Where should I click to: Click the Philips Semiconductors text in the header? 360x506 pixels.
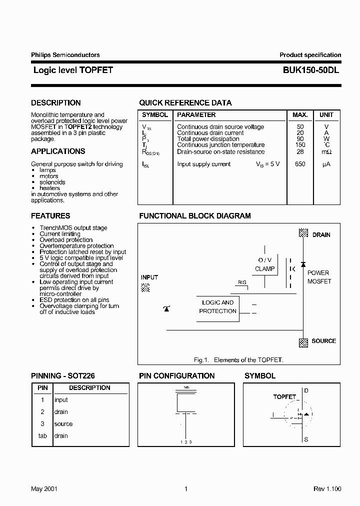pos(65,55)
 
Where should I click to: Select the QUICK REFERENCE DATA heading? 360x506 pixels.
pos(185,103)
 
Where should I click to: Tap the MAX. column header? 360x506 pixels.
pos(300,115)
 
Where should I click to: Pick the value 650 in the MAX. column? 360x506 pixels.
pos(300,164)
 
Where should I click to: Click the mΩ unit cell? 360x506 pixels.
pos(326,152)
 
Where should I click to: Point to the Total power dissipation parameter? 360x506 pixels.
pos(208,139)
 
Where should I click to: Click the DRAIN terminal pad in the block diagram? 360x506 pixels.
pos(303,233)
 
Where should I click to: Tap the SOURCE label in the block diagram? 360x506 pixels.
pos(323,341)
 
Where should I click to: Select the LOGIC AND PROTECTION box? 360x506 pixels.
pos(217,307)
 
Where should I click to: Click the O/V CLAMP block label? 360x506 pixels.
pos(264,264)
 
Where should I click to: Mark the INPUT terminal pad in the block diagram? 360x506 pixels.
pos(145,287)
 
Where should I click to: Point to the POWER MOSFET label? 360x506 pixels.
pos(318,277)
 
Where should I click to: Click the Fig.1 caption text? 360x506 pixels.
pos(238,360)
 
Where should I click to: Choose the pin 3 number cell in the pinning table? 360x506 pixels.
pos(42,424)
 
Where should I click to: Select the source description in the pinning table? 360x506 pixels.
pos(63,424)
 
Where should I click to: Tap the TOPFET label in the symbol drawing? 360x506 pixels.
pos(284,396)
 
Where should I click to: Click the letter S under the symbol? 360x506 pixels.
pos(306,439)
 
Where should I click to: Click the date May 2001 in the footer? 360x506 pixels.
pos(44,489)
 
